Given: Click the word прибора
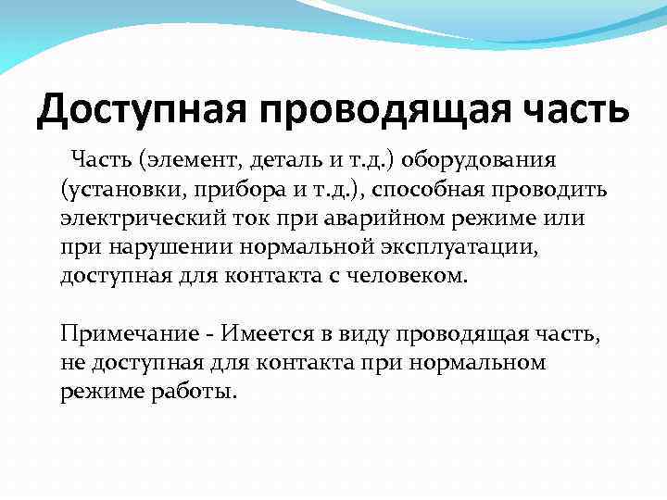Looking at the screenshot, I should (228, 191).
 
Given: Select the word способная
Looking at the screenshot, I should (443, 191).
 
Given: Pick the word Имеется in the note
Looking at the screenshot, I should (239, 333).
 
